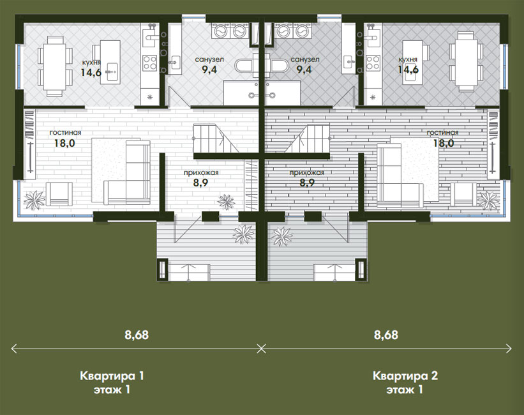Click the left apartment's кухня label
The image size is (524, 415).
(x=91, y=62)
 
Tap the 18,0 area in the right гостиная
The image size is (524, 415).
(x=444, y=143)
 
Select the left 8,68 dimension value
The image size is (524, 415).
(x=137, y=335)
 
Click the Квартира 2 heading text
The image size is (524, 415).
(x=405, y=375)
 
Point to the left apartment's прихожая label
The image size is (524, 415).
(x=201, y=172)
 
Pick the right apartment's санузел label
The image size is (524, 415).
(x=305, y=59)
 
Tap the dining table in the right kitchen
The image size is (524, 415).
(x=466, y=61)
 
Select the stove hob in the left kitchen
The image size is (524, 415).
(x=150, y=63)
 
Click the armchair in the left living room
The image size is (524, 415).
(x=59, y=194)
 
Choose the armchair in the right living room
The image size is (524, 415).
(x=464, y=194)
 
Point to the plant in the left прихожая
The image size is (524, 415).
(x=226, y=202)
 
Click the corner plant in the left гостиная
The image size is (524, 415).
(x=34, y=200)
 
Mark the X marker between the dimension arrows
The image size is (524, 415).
(x=262, y=349)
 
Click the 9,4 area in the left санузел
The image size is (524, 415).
(x=209, y=70)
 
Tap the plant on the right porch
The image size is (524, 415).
(x=282, y=236)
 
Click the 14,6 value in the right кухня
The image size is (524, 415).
(x=408, y=70)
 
